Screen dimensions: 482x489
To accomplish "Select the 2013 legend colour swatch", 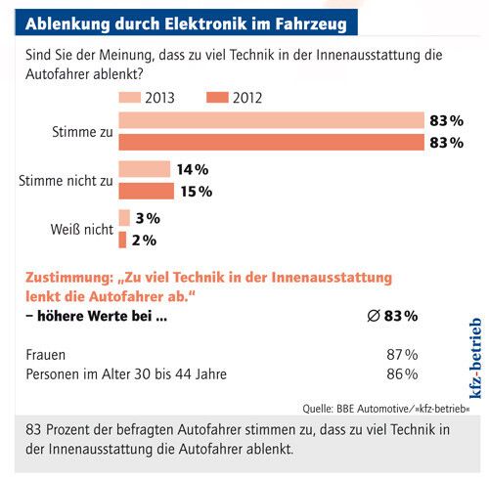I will (x=129, y=98).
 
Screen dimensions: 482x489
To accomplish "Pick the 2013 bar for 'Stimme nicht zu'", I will (x=144, y=169).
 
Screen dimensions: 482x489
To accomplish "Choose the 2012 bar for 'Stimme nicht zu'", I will (x=146, y=191).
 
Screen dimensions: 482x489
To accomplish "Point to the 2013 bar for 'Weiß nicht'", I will (x=124, y=218).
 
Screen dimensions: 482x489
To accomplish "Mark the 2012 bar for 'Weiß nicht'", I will (x=122, y=240).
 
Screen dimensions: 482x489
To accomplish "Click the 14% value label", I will (x=194, y=169).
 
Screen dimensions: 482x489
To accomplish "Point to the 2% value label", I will (x=144, y=240).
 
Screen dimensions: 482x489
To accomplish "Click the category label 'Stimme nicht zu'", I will (x=66, y=180).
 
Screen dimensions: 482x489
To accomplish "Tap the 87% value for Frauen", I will (x=403, y=354).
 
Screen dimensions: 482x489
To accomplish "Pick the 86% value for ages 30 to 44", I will (x=403, y=373).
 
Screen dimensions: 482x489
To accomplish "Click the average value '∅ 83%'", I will (x=394, y=316).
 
